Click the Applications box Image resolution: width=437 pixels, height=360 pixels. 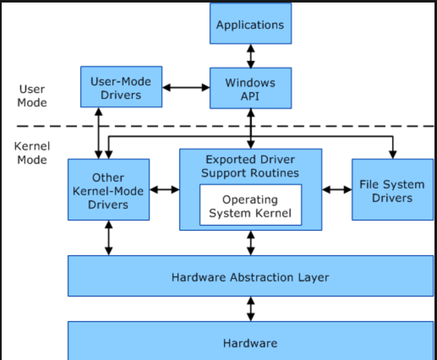(x=251, y=23)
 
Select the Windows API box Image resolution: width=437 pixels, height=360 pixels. (x=251, y=88)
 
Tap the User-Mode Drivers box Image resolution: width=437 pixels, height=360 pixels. (x=121, y=87)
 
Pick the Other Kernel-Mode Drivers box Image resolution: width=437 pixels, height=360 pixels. (x=109, y=190)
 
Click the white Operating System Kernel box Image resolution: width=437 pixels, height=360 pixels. (x=251, y=205)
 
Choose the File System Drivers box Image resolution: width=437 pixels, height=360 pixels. (x=392, y=190)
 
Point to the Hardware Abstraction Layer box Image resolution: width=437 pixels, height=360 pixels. (x=251, y=276)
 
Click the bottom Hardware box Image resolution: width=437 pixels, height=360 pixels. (x=251, y=341)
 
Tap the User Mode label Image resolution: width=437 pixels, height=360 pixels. (x=32, y=96)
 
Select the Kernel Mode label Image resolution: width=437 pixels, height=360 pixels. (x=32, y=153)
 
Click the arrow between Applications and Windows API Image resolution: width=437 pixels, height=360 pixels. (x=251, y=56)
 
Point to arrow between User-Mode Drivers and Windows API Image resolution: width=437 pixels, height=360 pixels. (x=186, y=87)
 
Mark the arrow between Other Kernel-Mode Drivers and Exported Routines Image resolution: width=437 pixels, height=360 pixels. (x=164, y=190)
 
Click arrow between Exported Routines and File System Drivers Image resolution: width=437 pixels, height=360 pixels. (x=337, y=190)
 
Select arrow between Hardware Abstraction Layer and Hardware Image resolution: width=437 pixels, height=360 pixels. (x=251, y=309)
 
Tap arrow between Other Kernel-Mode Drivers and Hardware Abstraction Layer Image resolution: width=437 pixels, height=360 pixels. (x=109, y=238)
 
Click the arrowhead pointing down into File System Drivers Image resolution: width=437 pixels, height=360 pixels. (x=393, y=155)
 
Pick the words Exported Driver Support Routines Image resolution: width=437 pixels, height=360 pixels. (x=250, y=166)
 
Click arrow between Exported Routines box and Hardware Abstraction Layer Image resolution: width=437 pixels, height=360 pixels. (x=251, y=243)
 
